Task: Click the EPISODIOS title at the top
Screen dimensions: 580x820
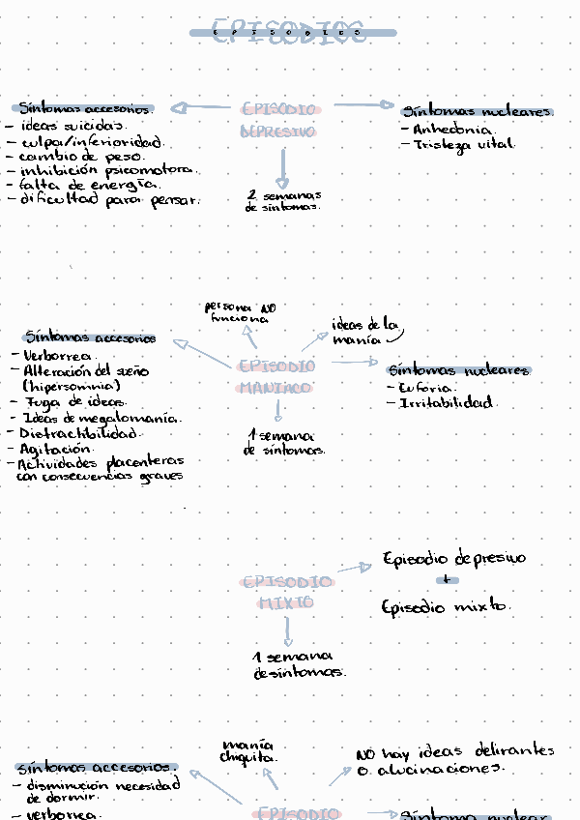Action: tap(290, 31)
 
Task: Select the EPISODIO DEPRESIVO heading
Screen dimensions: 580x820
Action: tap(277, 120)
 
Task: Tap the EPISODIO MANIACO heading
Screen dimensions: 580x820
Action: tap(276, 377)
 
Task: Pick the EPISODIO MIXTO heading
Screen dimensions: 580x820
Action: tap(286, 592)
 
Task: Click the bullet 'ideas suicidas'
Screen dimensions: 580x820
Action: tap(72, 125)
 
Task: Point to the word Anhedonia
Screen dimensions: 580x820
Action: tap(453, 129)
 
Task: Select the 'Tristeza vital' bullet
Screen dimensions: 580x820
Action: tap(464, 145)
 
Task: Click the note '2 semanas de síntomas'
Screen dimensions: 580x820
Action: tap(283, 201)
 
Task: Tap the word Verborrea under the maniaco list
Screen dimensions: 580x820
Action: tap(58, 356)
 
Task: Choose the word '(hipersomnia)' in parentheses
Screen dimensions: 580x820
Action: tap(72, 386)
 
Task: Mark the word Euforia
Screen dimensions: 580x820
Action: tap(426, 387)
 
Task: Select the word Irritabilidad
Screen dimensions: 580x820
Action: tap(446, 402)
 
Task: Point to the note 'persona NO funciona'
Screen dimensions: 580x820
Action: tap(240, 312)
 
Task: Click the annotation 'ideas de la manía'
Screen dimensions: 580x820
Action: tap(365, 332)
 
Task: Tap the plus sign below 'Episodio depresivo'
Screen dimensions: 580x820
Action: tap(446, 581)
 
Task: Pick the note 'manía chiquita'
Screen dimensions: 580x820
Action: tap(247, 751)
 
